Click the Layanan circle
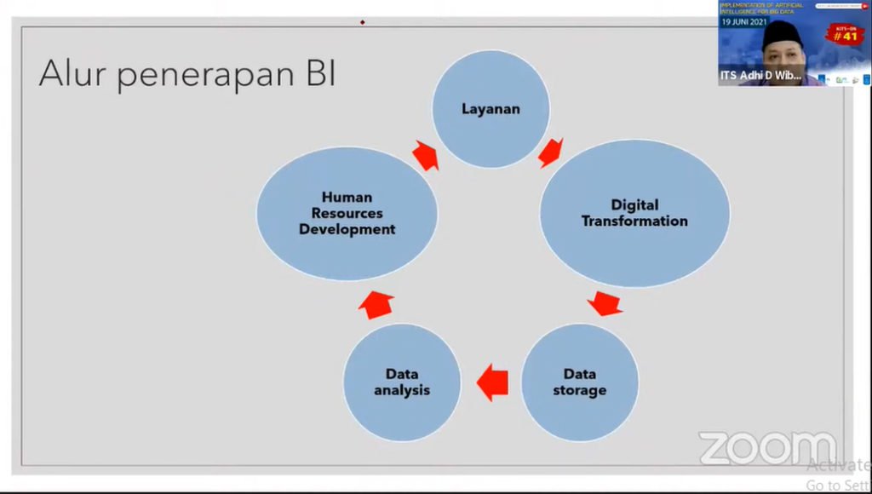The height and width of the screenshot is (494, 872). (x=490, y=108)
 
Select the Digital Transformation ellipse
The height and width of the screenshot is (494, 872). (x=634, y=213)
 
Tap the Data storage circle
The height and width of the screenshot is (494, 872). (x=579, y=382)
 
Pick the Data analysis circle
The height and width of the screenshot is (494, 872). (x=402, y=382)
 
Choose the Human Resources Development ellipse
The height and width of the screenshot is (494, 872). (x=347, y=213)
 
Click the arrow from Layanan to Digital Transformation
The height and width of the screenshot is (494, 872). (x=551, y=152)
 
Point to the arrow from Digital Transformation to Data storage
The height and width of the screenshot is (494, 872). (x=605, y=302)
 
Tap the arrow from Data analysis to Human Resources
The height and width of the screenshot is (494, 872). (x=376, y=303)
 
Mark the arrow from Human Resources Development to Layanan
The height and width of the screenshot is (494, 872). (x=425, y=155)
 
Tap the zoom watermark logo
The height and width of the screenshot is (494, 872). (x=766, y=448)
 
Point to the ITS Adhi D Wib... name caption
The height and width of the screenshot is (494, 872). (x=760, y=76)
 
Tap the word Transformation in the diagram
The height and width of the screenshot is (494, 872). (x=634, y=221)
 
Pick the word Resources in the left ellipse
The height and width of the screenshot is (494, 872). (x=347, y=213)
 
